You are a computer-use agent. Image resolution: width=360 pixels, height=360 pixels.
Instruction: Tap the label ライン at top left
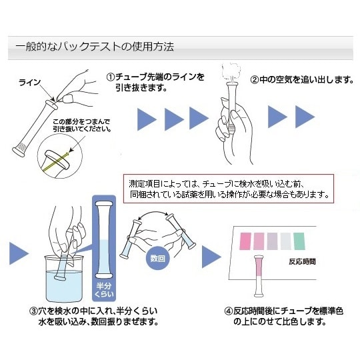coord(30,83)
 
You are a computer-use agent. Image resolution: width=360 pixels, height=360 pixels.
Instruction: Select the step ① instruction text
coord(155,83)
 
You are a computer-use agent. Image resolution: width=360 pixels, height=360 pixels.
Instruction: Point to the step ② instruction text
coord(301,80)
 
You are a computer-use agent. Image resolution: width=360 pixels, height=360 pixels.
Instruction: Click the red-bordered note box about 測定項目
coord(229,189)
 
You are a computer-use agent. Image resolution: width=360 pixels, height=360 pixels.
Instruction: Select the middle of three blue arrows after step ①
coord(173,119)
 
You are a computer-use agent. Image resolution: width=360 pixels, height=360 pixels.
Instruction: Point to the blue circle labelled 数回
coord(157,256)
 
